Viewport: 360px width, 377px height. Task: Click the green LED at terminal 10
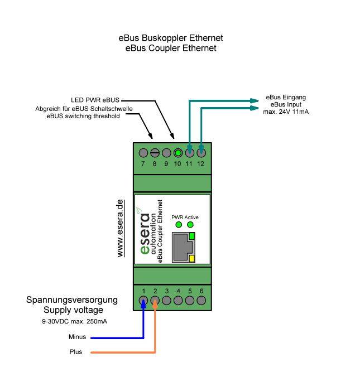point(177,152)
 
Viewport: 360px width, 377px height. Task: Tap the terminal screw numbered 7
point(143,152)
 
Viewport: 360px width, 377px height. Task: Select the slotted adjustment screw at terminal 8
point(155,152)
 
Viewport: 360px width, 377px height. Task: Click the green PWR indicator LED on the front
point(179,225)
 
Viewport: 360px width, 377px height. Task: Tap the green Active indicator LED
point(190,225)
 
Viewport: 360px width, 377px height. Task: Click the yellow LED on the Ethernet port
point(192,258)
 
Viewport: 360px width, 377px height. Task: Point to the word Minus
point(77,337)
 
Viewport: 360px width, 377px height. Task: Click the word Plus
point(75,352)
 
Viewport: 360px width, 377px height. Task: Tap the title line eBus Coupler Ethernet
point(171,49)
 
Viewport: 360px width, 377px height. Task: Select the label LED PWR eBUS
point(95,100)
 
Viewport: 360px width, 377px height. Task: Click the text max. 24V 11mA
point(286,112)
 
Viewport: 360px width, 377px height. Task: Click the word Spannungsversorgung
point(73,300)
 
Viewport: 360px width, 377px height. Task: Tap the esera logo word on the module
point(145,234)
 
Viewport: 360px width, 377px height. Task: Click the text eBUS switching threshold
point(83,116)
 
